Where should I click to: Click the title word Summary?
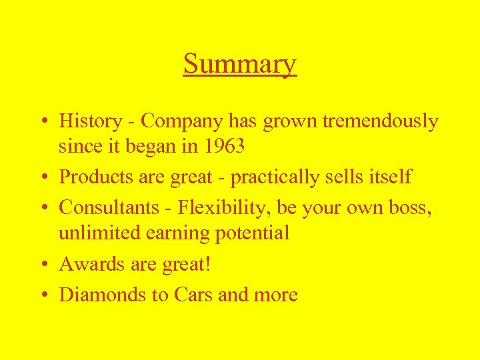click(239, 65)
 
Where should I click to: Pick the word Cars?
click(193, 295)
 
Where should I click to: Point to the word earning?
click(175, 233)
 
